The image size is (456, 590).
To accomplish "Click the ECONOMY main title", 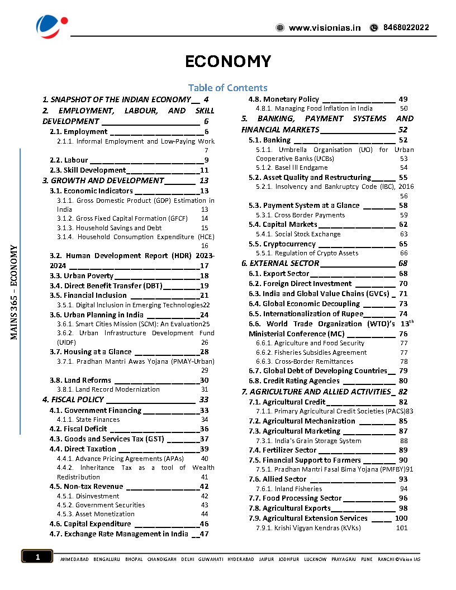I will [x=228, y=61].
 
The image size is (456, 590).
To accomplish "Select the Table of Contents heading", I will [x=227, y=88].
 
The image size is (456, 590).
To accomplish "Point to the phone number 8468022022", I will [x=406, y=27].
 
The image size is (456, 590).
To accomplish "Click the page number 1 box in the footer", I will [x=37, y=556].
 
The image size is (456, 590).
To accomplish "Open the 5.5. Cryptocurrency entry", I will [x=282, y=244].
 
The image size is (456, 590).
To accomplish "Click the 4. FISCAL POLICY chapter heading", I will [x=73, y=399].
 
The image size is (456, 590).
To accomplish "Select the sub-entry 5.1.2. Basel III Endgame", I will [x=292, y=168].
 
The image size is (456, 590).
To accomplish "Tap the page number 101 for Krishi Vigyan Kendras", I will [x=401, y=528].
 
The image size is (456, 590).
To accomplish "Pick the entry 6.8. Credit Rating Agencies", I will [x=294, y=381].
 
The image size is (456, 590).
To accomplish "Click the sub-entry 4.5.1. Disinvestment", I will [x=88, y=496].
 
